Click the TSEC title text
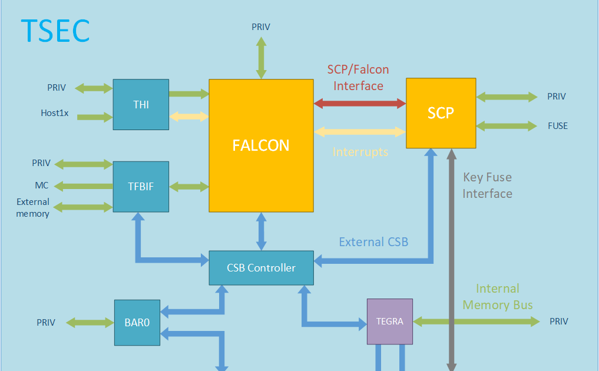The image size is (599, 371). [x=55, y=31]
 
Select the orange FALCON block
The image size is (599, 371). [x=261, y=145]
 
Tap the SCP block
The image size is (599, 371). [x=441, y=113]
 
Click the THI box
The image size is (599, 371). [x=141, y=104]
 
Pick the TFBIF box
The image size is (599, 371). [x=141, y=187]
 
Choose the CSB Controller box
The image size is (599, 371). [x=261, y=268]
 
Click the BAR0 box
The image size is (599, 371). [x=137, y=322]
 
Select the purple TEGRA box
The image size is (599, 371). [x=389, y=322]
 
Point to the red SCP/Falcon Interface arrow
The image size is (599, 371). [x=360, y=104]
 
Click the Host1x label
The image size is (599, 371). [x=55, y=113]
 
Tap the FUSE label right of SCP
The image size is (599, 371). [x=557, y=126]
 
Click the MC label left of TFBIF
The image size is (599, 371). [x=42, y=185]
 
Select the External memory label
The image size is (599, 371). [x=33, y=208]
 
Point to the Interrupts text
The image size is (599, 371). [x=360, y=152]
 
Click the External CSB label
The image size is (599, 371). [x=373, y=242]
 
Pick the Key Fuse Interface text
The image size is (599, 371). [x=487, y=185]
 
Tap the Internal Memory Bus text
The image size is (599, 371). [x=498, y=297]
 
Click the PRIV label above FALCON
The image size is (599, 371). [x=261, y=26]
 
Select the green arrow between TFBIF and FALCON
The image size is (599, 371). [x=189, y=187]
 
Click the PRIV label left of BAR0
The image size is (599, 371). [x=46, y=322]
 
